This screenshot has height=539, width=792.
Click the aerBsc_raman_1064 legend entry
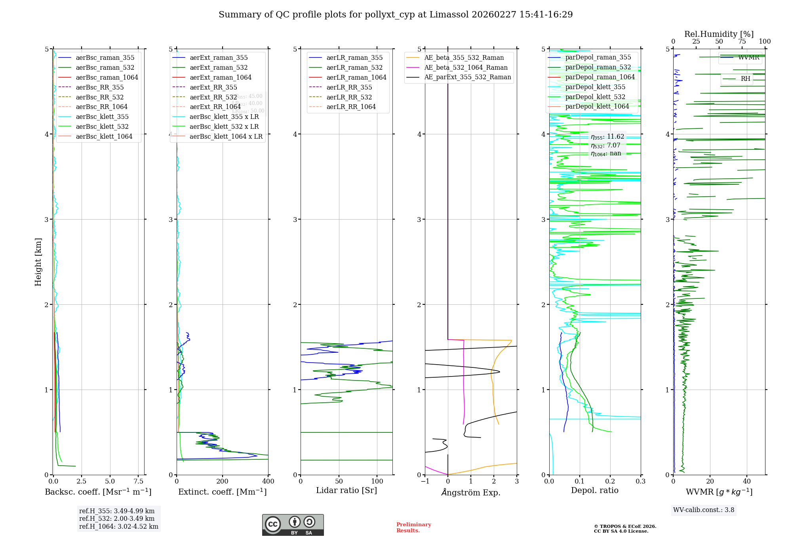click(107, 77)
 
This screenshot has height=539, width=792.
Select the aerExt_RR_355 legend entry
click(213, 87)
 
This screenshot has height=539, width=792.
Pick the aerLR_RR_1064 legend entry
click(351, 107)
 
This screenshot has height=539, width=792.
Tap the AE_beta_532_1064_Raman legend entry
click(466, 67)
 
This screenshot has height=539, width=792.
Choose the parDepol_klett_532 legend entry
click(595, 97)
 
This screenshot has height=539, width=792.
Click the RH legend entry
click(745, 79)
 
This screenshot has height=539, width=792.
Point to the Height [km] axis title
click(38, 262)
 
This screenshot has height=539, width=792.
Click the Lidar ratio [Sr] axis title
click(346, 490)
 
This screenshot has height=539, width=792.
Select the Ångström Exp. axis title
click(471, 492)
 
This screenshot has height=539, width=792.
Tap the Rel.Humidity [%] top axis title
click(719, 34)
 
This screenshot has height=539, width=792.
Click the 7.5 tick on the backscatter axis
click(138, 482)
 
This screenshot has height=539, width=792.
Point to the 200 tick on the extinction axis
click(223, 482)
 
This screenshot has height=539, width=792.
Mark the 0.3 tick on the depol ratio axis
click(640, 482)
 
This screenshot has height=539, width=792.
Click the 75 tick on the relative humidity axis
click(742, 42)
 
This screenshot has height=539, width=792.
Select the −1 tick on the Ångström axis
click(425, 482)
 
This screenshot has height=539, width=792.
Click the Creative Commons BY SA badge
click(293, 525)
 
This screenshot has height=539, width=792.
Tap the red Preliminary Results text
click(413, 528)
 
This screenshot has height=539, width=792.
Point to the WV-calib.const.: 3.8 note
click(704, 510)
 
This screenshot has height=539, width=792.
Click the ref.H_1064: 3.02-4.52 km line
click(118, 526)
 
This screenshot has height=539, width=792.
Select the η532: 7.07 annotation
click(605, 145)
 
